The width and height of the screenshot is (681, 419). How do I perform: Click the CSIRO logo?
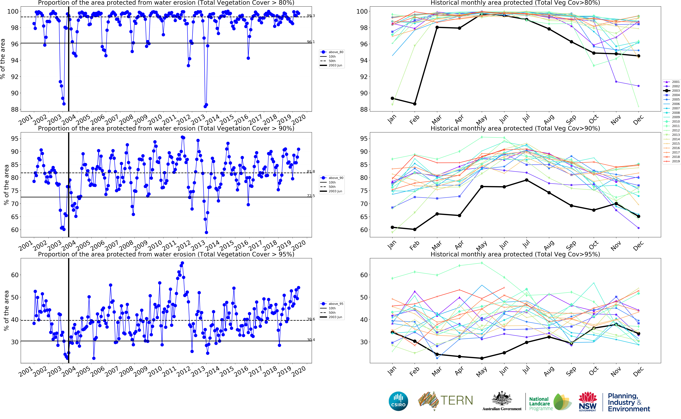click(398, 401)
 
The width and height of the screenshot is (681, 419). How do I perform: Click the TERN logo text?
click(456, 400)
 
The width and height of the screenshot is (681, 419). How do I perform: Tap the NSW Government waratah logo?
click(587, 401)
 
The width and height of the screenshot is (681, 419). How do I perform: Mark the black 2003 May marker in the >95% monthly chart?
click(482, 358)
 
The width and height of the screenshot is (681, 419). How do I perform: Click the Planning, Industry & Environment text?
click(629, 402)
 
